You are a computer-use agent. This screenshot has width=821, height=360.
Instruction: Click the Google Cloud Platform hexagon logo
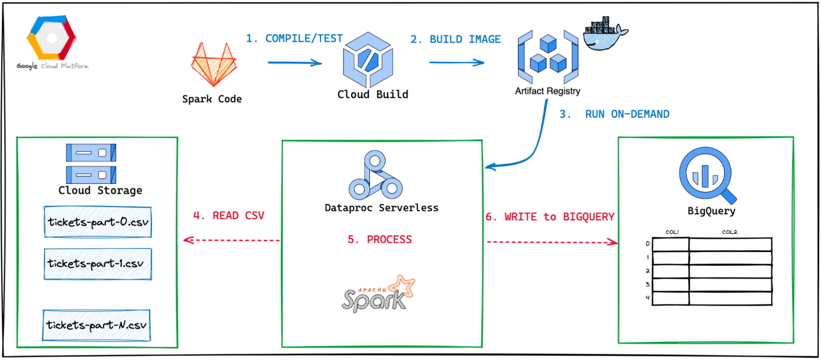tap(51, 38)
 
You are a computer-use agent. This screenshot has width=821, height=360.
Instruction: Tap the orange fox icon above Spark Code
tap(213, 65)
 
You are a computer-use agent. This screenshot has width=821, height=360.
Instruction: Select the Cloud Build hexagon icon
tap(368, 59)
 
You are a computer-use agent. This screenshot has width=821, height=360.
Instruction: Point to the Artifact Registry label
tap(547, 91)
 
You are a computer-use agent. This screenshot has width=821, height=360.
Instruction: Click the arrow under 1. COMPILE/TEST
tap(295, 63)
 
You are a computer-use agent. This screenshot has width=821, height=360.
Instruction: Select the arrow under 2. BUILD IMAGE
tap(456, 63)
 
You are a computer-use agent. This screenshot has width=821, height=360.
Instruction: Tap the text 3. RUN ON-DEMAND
tap(614, 114)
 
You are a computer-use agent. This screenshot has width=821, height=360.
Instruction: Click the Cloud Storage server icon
tap(91, 164)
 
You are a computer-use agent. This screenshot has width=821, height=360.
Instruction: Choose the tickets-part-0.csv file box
tap(98, 222)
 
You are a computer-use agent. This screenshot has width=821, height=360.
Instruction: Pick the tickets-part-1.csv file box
tap(98, 264)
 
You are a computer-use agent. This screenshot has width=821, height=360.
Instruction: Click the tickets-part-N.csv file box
tap(97, 325)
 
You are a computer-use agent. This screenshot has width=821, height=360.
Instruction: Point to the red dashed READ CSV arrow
tap(231, 240)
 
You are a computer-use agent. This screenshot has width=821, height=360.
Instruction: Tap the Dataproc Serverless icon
tap(375, 176)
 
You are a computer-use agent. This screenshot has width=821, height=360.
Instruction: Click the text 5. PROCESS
tap(380, 239)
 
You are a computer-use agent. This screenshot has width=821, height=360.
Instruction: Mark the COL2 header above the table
tap(729, 232)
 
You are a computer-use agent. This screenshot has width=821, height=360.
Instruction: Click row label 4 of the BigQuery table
tap(647, 298)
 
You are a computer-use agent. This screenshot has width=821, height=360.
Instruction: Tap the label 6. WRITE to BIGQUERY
tap(550, 217)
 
